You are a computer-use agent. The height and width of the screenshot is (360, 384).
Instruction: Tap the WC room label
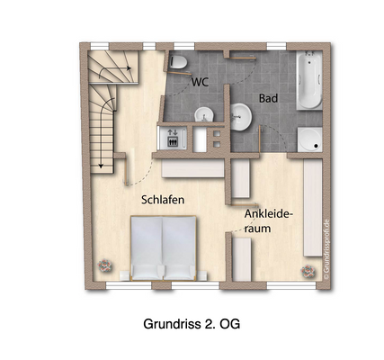point(201,81)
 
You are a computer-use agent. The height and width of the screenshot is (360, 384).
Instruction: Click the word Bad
point(268,97)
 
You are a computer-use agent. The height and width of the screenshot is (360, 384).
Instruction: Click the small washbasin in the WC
point(204,114)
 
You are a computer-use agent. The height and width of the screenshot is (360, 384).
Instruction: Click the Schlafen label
point(163,199)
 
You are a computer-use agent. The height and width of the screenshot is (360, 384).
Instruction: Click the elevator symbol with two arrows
point(173,139)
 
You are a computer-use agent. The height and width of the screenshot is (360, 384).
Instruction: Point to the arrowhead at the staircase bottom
point(103,164)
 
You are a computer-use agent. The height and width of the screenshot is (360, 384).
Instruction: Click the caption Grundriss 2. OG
point(191,321)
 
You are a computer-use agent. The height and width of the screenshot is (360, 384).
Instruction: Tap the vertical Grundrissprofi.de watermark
point(328,246)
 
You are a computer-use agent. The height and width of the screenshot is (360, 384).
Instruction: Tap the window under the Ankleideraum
point(275,287)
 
